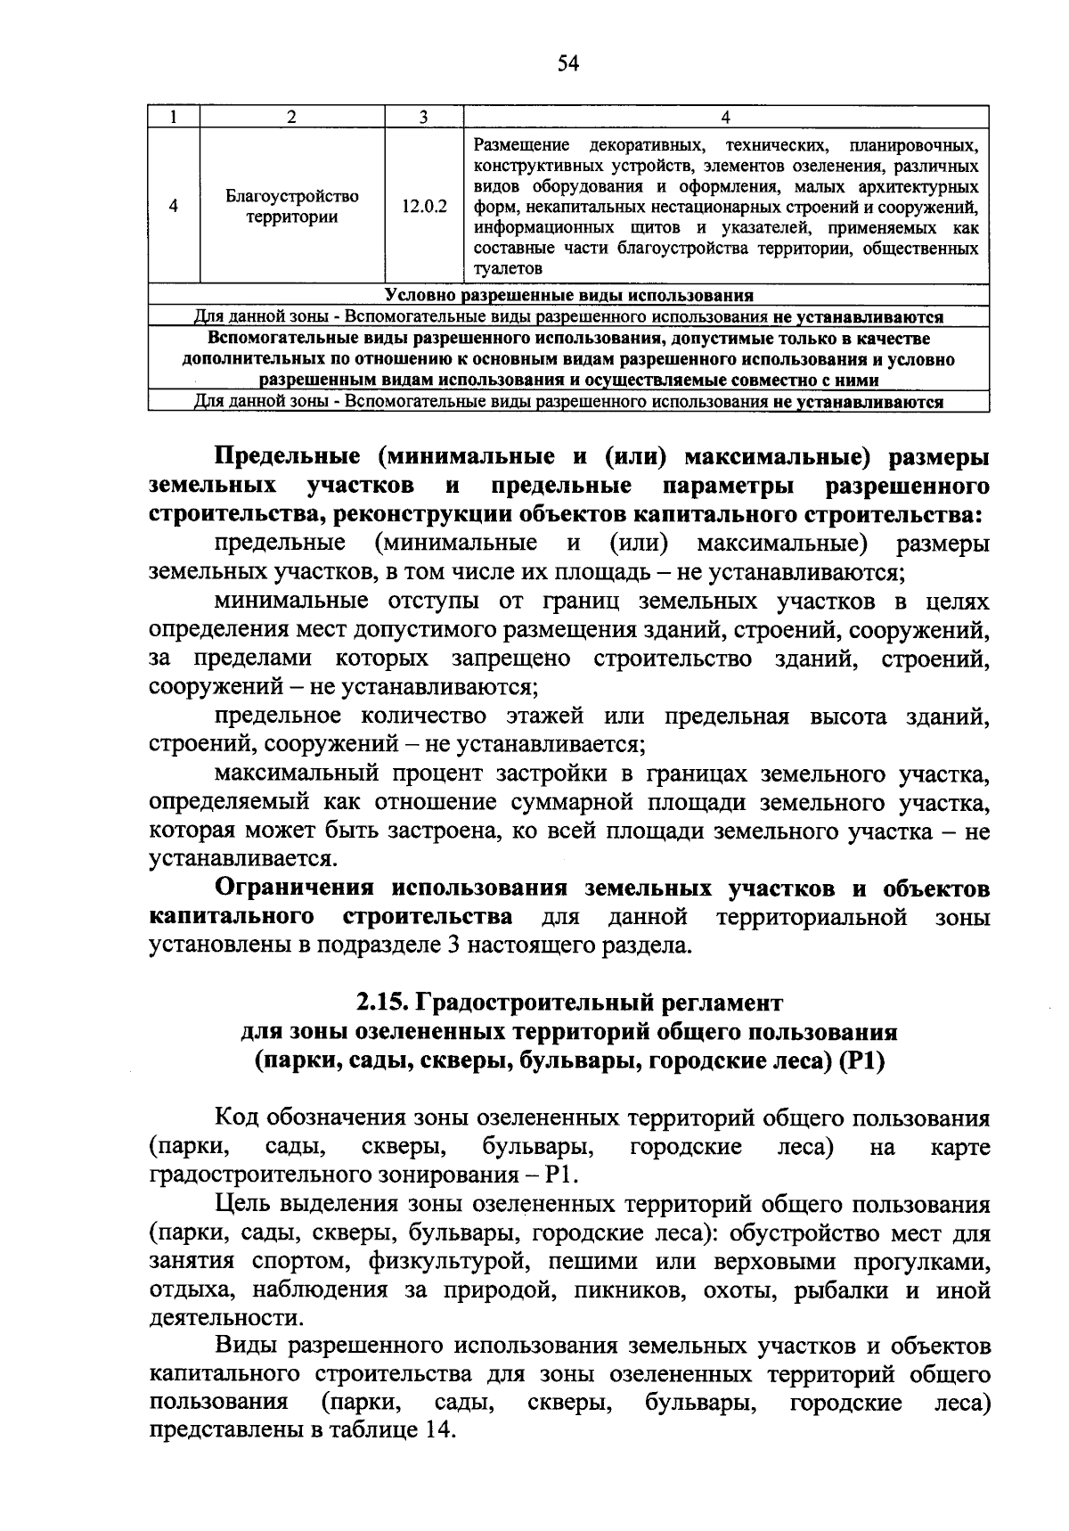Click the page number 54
(568, 62)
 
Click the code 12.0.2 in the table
(424, 206)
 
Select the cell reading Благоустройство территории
(291, 206)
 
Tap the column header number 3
(424, 118)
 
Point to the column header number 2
(291, 118)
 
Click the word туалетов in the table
(507, 267)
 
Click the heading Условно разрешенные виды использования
(568, 296)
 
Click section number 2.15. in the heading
(383, 1003)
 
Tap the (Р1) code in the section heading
(861, 1061)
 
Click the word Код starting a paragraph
(236, 1118)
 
